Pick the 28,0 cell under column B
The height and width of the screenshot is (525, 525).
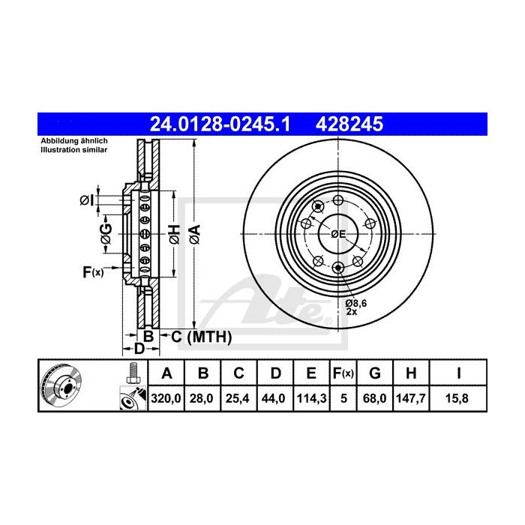pyautogui.click(x=202, y=399)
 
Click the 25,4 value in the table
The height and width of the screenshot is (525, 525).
pyautogui.click(x=238, y=399)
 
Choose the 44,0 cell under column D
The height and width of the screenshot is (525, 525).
pyautogui.click(x=275, y=399)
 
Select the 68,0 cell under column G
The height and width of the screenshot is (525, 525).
pyautogui.click(x=376, y=399)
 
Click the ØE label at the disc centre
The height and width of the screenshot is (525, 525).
pyautogui.click(x=338, y=234)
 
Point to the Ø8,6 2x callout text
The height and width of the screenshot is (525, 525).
pyautogui.click(x=356, y=305)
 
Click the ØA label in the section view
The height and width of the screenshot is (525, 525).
pyautogui.click(x=194, y=234)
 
